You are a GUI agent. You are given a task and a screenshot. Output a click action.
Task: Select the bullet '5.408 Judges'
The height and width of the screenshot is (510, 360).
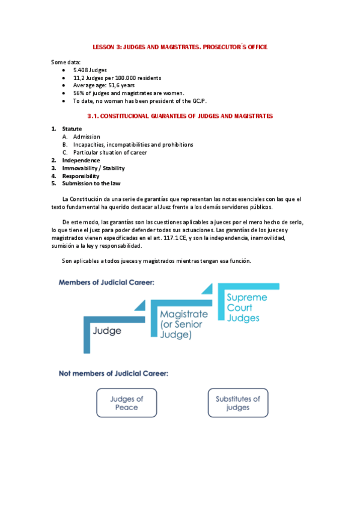(90, 70)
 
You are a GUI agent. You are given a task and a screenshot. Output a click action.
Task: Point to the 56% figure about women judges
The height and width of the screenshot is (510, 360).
(79, 93)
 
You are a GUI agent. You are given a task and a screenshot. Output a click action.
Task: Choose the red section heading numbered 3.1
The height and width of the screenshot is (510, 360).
(180, 115)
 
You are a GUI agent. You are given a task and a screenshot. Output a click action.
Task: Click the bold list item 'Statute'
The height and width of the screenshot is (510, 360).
(72, 129)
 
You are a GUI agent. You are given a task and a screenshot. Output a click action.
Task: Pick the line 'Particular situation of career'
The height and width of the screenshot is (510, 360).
(110, 152)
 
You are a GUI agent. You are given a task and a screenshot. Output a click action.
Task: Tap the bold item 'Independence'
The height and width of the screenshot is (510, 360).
(81, 160)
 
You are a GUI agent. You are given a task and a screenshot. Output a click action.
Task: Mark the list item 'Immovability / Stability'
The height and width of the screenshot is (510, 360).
(93, 168)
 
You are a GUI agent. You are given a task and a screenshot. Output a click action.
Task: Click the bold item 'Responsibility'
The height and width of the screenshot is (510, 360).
(81, 176)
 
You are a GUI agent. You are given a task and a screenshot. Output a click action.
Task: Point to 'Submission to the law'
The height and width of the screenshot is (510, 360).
(90, 183)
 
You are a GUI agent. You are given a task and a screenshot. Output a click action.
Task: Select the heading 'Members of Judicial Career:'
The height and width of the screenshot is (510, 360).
(106, 281)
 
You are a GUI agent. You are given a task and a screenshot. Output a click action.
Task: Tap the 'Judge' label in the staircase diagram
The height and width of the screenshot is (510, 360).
(108, 330)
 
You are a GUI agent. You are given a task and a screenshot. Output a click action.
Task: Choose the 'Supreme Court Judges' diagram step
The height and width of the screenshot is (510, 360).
(246, 307)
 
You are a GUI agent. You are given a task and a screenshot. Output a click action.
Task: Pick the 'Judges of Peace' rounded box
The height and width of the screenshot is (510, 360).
(127, 403)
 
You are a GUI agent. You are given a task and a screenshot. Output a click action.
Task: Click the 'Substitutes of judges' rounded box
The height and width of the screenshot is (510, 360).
(238, 403)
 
